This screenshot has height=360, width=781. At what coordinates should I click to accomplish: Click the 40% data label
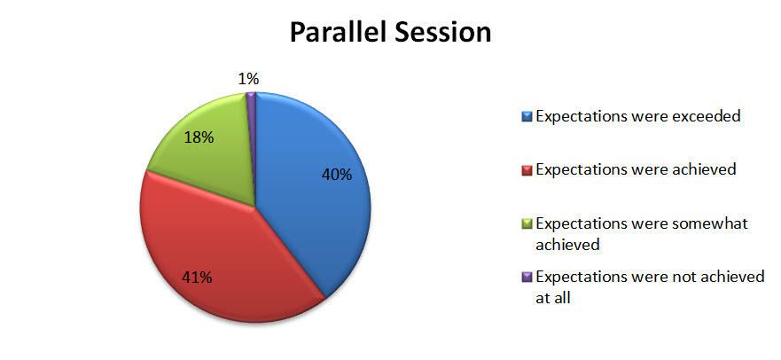tap(337, 175)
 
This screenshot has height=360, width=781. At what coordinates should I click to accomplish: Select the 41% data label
tap(197, 278)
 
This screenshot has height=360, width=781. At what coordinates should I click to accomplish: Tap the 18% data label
tap(199, 137)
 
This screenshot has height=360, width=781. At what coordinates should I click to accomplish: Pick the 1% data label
tap(248, 79)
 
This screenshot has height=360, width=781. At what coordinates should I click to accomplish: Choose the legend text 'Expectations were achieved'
tap(636, 169)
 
